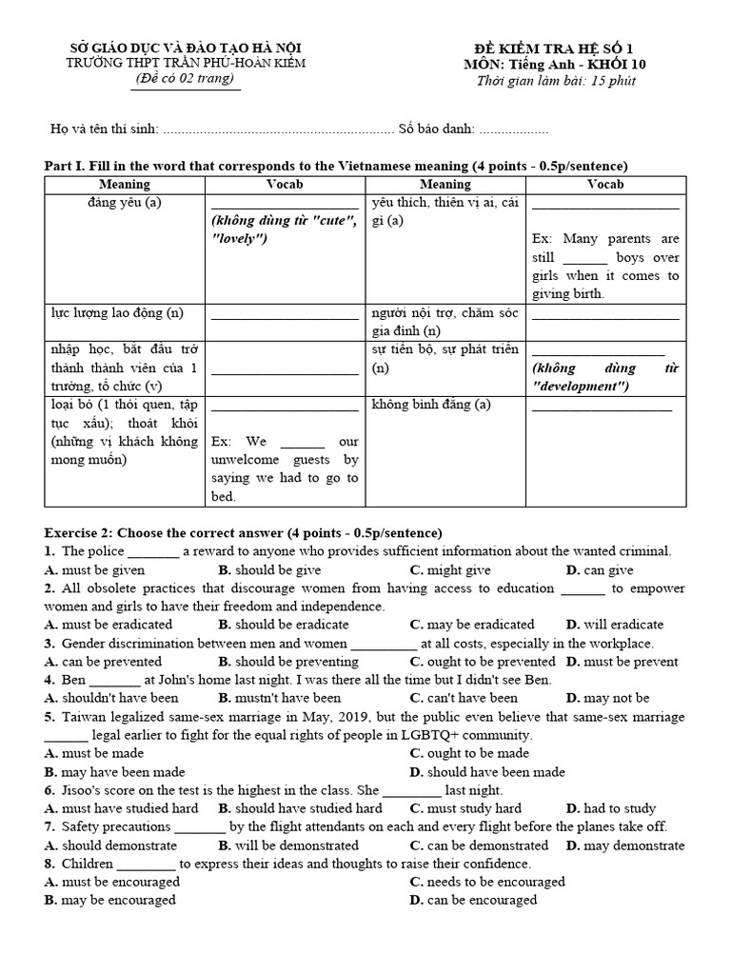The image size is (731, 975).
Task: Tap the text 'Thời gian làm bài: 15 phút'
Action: point(556,80)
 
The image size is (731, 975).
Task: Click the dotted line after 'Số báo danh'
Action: point(514,130)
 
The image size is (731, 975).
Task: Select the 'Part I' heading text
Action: point(336,166)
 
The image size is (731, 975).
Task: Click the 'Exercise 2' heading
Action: point(243,532)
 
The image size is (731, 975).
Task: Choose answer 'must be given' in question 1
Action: point(103,570)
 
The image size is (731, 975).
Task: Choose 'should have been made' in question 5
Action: point(495,772)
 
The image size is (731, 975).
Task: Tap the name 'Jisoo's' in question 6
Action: point(82,790)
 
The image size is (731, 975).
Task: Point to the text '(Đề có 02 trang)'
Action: point(185,78)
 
